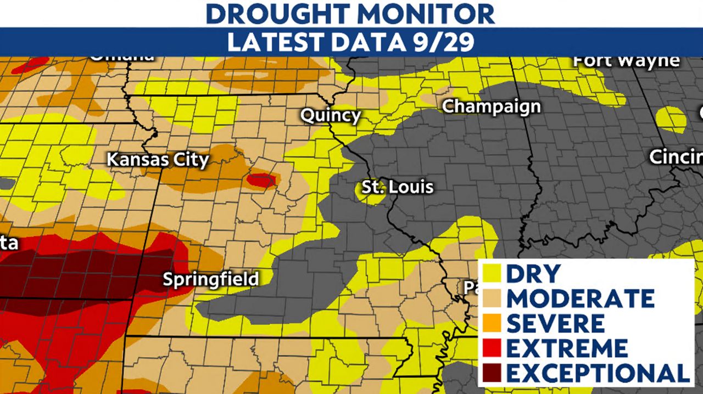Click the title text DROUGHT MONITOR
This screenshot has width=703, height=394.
point(350,13)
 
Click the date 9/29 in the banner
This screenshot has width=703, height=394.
point(444,42)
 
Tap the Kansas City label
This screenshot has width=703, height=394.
point(158,160)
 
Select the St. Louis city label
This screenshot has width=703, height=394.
point(397,187)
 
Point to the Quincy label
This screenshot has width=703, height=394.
point(330,116)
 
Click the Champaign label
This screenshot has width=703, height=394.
point(491,106)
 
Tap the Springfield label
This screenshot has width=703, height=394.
point(210,279)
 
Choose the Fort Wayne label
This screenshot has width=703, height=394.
point(626,61)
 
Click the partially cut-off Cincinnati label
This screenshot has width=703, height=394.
point(676,157)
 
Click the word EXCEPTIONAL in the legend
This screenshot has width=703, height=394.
point(598,373)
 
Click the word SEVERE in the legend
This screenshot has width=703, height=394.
point(555,323)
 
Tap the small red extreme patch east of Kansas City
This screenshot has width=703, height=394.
point(260,179)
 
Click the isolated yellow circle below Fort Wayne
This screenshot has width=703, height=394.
point(671,119)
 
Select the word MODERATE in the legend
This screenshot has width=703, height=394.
point(580,298)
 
